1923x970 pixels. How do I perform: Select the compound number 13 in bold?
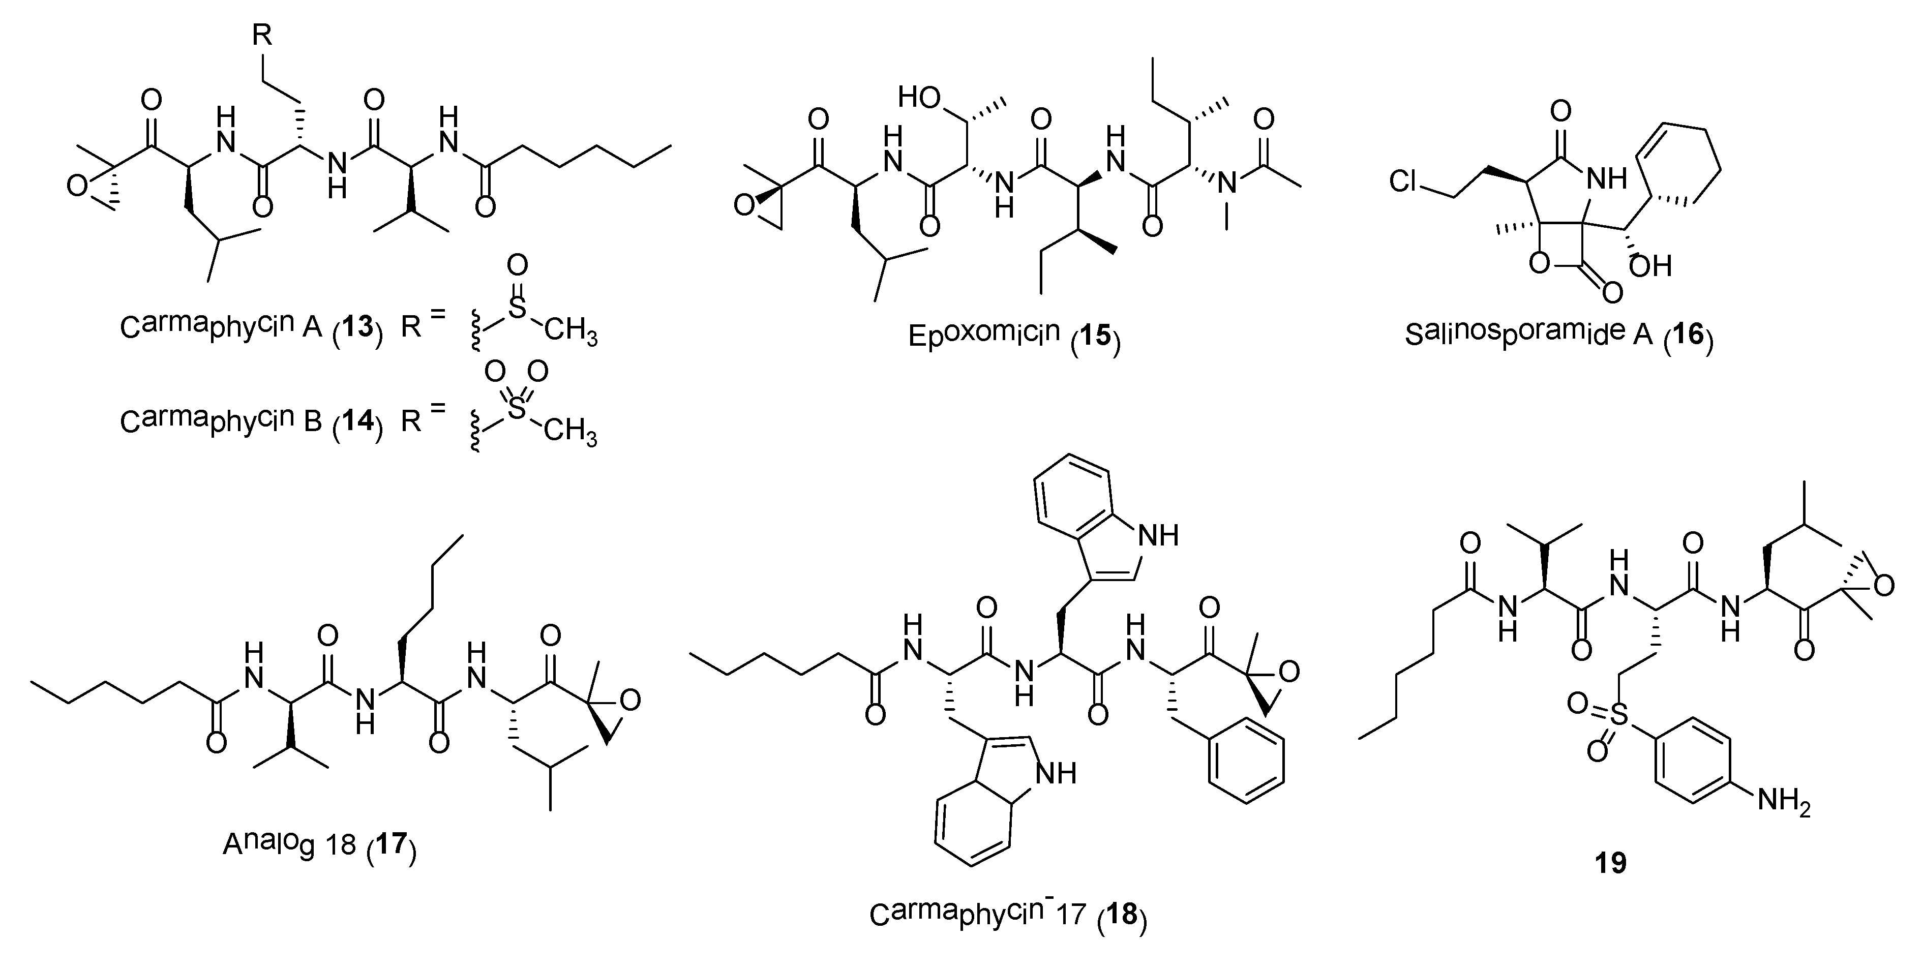click(x=357, y=327)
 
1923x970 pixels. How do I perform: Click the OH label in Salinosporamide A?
click(x=1650, y=265)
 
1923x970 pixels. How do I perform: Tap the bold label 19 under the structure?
click(x=1610, y=863)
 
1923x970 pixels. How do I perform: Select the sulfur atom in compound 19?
click(x=1618, y=716)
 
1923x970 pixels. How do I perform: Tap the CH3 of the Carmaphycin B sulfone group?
click(x=570, y=432)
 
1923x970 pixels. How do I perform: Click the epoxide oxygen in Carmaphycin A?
click(x=76, y=186)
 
